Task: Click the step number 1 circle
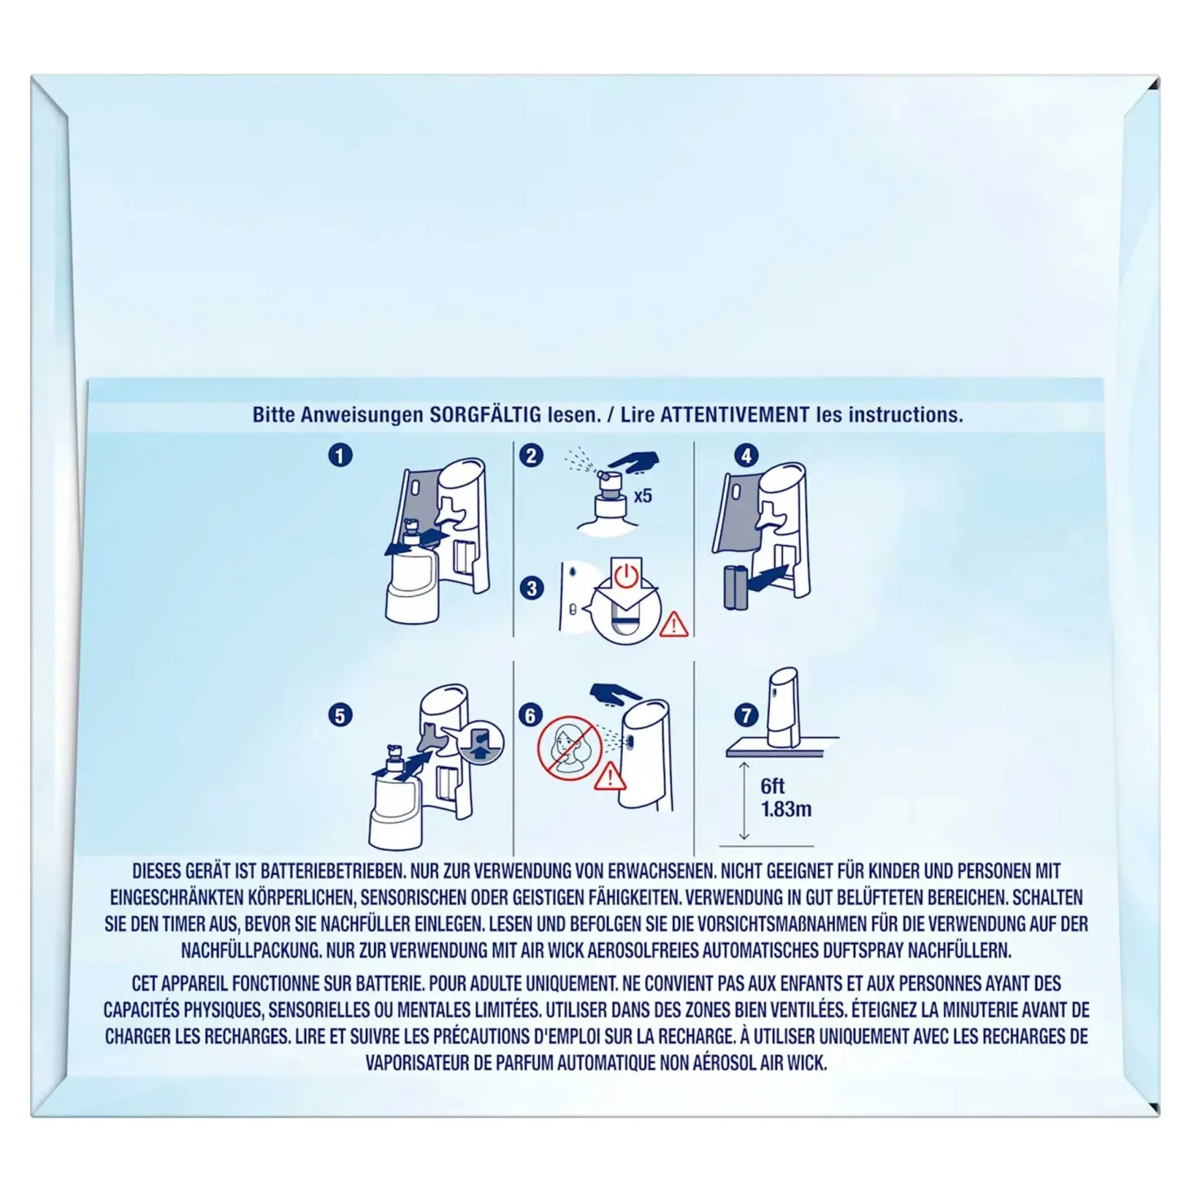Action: click(340, 456)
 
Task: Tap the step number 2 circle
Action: click(531, 456)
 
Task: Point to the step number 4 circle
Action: click(746, 456)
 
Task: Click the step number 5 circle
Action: click(340, 716)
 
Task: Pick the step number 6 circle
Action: click(531, 716)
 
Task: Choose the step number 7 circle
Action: click(746, 716)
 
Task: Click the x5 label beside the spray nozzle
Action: click(643, 496)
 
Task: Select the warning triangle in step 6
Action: click(610, 776)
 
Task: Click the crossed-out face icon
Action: click(569, 748)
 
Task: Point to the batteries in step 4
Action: click(735, 588)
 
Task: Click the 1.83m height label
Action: click(786, 809)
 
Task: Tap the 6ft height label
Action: click(772, 786)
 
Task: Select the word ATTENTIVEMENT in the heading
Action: click(735, 415)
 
